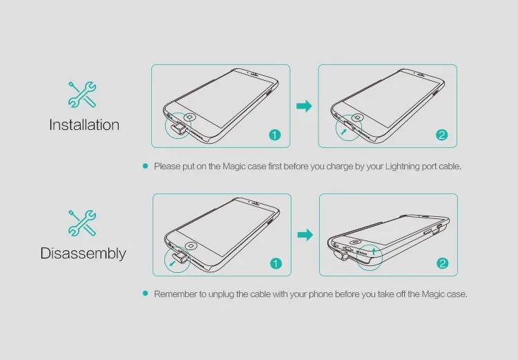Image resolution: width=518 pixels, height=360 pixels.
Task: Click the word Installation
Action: [84, 124]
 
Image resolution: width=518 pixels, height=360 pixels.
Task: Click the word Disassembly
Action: [84, 254]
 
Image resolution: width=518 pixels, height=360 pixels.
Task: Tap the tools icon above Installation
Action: [82, 95]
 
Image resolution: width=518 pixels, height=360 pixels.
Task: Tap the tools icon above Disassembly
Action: [82, 223]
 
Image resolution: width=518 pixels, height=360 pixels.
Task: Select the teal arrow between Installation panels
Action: [304, 106]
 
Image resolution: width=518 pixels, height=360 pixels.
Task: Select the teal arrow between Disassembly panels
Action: [305, 235]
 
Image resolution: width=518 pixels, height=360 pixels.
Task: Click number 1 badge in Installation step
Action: [275, 135]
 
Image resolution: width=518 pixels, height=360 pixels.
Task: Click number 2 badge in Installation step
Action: [442, 135]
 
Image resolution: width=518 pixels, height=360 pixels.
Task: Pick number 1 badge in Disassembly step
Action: [276, 263]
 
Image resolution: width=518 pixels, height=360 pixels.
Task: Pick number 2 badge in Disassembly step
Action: [443, 263]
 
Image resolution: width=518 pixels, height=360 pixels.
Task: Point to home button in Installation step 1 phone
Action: [190, 117]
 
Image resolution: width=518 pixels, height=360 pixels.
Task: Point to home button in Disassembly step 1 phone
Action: [191, 246]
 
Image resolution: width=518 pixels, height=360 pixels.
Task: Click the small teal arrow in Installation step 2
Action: [344, 132]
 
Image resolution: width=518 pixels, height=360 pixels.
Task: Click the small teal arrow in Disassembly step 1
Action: [172, 263]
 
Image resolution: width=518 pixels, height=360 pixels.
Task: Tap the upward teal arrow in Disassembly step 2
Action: [374, 251]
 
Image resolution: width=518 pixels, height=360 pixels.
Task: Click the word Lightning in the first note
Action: [403, 167]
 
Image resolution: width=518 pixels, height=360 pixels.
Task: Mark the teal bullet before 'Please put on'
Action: [145, 166]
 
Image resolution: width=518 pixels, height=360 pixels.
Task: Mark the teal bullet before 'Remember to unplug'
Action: [145, 294]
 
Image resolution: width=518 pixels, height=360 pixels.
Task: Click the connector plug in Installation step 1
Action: [178, 128]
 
